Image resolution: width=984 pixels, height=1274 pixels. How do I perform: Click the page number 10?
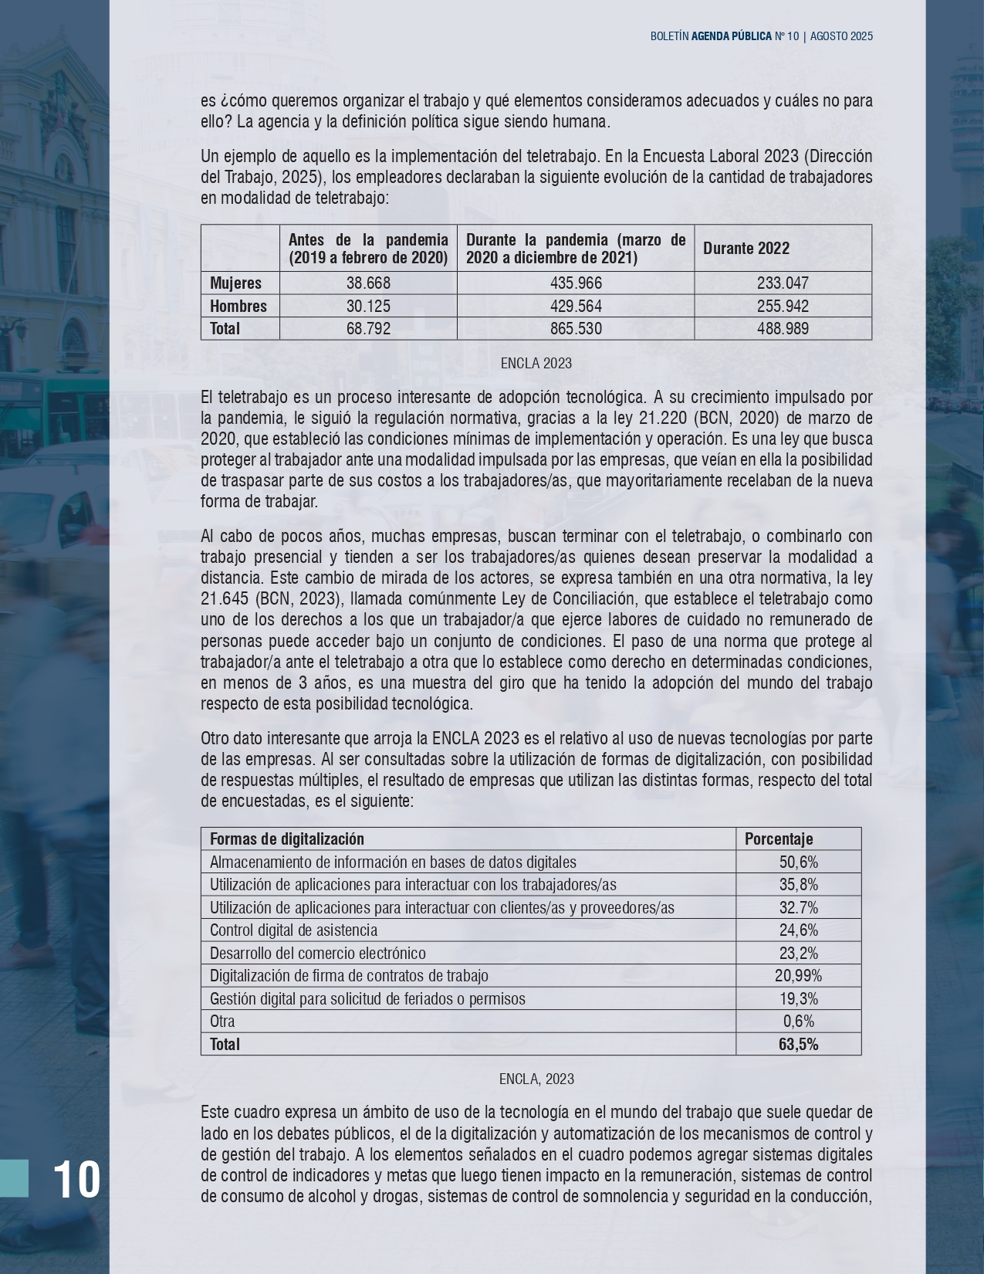tap(76, 1179)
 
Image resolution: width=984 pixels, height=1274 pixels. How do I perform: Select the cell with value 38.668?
tap(368, 283)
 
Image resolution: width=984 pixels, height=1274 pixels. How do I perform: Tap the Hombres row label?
tap(238, 307)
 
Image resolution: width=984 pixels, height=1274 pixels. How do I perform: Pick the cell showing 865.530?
tap(576, 329)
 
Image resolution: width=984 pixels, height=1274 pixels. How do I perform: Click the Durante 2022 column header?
tap(746, 248)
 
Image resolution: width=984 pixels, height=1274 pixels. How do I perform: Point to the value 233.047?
tap(783, 283)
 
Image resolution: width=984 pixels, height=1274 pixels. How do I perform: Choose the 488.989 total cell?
tap(783, 329)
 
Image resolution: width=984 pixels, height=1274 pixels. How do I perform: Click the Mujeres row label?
tap(236, 283)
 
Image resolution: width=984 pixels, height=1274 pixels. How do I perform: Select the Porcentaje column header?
tap(779, 839)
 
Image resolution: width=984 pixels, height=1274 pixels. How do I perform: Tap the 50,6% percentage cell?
tap(799, 862)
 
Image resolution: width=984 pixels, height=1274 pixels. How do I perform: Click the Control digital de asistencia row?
tap(294, 930)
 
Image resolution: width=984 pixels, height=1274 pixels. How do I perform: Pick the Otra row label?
tap(222, 1022)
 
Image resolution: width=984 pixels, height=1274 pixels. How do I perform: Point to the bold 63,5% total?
tap(799, 1045)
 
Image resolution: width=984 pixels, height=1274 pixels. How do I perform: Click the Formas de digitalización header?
tap(287, 839)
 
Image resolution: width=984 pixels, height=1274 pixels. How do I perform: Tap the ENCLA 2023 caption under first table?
tap(536, 364)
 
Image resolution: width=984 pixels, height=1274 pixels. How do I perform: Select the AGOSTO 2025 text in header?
tap(841, 36)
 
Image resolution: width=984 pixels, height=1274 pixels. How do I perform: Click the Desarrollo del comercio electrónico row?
tap(318, 954)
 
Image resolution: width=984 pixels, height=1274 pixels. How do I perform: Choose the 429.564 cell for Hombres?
tap(576, 307)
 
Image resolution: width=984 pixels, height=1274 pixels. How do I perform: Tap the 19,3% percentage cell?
tap(799, 999)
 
